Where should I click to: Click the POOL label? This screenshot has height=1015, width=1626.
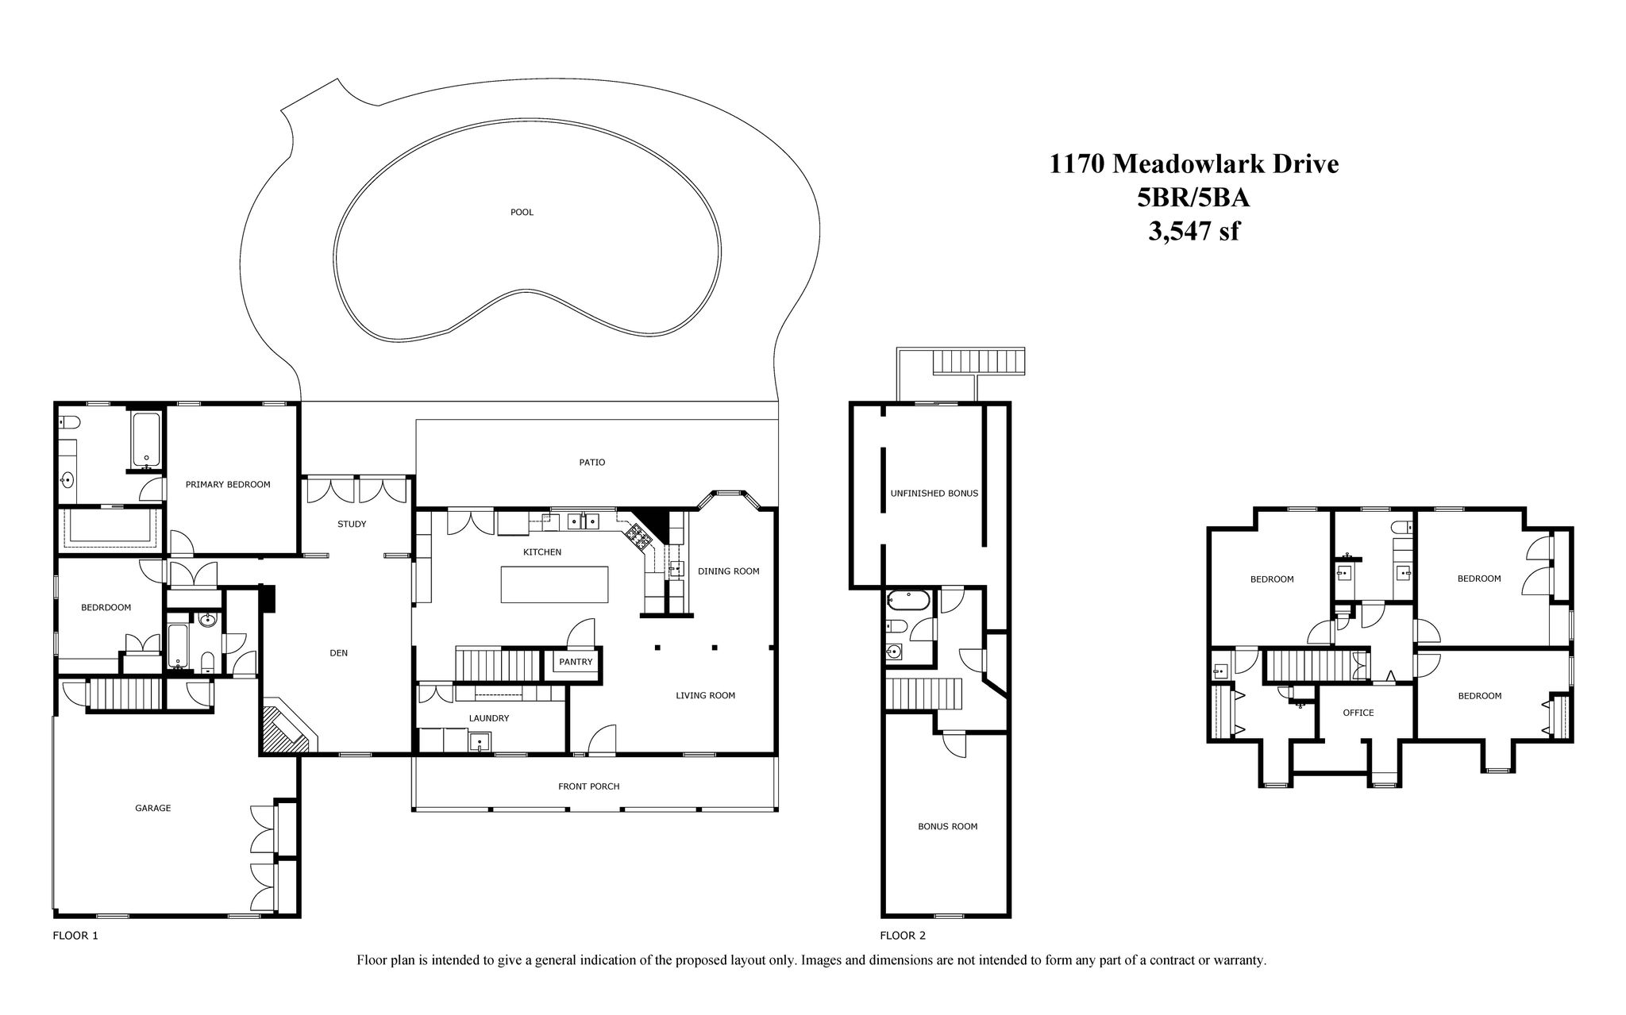tap(522, 212)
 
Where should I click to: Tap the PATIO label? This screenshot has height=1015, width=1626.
tap(592, 462)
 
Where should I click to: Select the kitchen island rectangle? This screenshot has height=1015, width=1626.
tap(555, 584)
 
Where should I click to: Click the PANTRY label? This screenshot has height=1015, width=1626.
tap(576, 662)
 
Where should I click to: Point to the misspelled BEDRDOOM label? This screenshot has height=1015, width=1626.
tap(106, 607)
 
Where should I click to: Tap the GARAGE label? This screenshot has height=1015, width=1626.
tap(152, 808)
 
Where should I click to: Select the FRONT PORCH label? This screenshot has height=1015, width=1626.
tap(588, 786)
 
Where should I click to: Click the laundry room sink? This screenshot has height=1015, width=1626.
tap(480, 742)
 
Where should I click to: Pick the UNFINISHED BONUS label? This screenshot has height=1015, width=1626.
tap(934, 493)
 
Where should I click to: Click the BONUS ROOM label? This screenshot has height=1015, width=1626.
tap(947, 826)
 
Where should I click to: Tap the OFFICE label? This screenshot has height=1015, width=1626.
tap(1358, 713)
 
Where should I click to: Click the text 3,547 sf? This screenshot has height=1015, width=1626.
tap(1193, 231)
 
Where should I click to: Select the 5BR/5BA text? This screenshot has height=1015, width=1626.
tap(1193, 198)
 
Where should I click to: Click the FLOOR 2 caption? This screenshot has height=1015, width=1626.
tap(903, 936)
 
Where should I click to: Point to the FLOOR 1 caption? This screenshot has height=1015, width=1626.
tap(75, 936)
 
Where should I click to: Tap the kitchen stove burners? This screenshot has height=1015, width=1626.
tap(638, 536)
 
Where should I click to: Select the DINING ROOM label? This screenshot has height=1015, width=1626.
tap(728, 571)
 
